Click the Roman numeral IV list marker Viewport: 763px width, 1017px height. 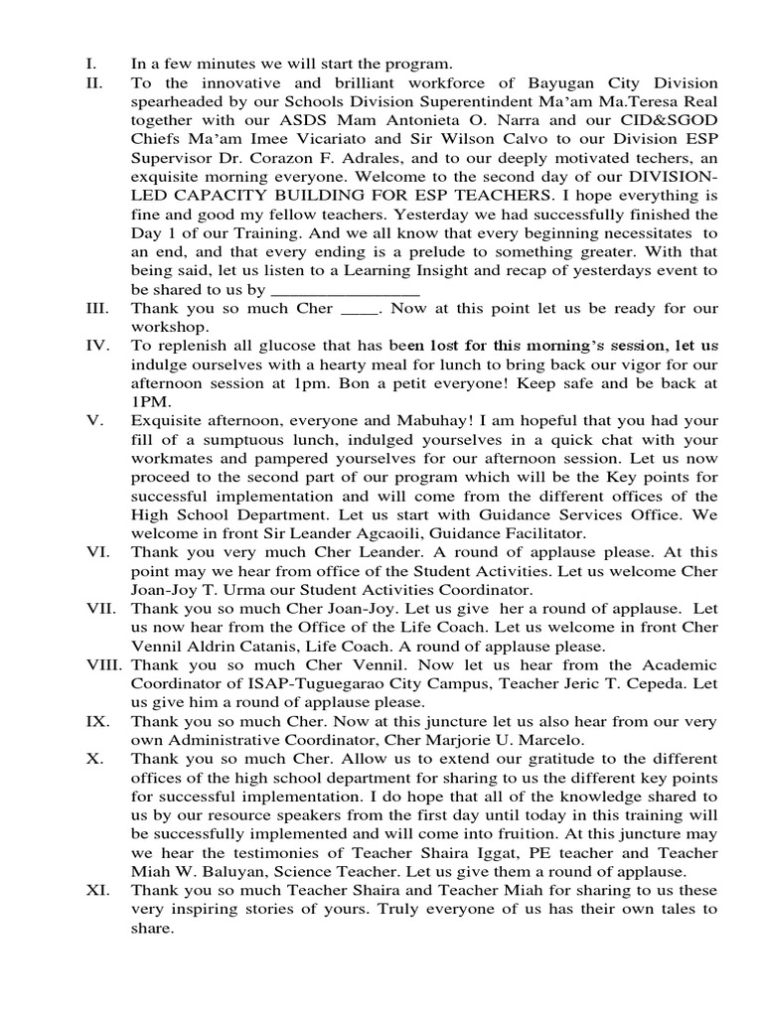(95, 346)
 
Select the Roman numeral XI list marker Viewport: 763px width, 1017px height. (97, 890)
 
